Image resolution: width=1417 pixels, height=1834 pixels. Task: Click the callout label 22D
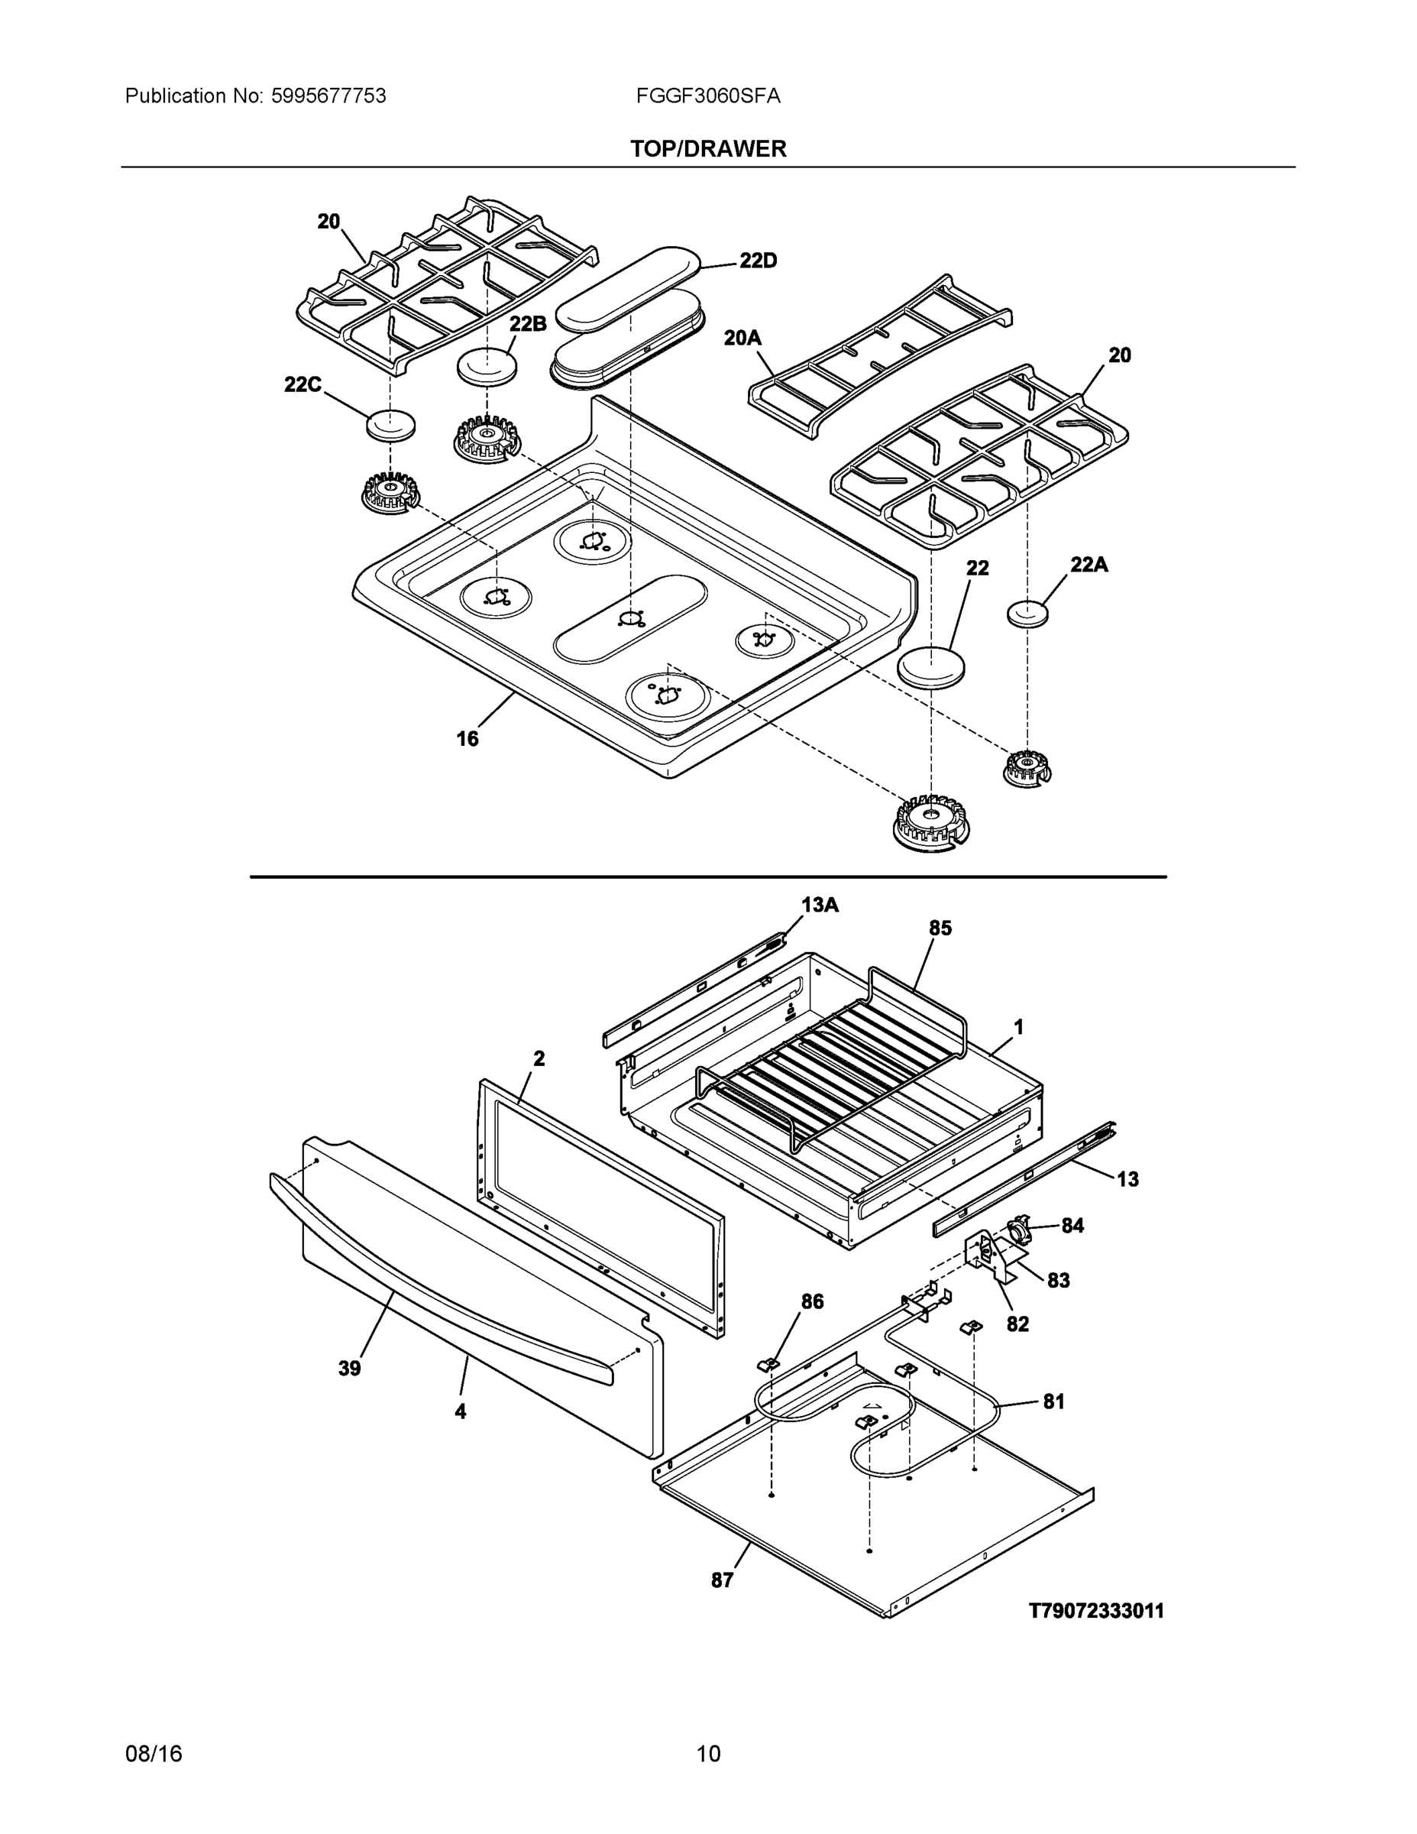(757, 261)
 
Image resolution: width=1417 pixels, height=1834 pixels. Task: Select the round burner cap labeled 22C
(391, 425)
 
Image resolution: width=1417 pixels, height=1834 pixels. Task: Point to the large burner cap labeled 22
(931, 668)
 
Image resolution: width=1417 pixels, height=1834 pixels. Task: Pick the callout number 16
(467, 739)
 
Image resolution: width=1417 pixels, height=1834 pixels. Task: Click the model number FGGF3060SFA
(707, 96)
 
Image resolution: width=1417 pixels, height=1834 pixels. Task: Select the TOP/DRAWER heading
(707, 149)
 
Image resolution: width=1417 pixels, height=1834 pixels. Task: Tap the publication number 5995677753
(328, 96)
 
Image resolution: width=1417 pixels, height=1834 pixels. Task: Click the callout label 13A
(820, 906)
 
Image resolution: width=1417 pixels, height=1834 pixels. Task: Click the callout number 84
(1072, 1226)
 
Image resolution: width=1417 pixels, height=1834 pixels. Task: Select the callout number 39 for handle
(349, 1369)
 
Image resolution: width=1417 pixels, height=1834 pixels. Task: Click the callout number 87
(722, 1580)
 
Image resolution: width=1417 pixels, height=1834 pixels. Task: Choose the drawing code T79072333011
(1096, 1611)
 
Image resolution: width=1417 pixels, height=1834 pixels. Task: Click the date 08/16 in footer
(154, 1754)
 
